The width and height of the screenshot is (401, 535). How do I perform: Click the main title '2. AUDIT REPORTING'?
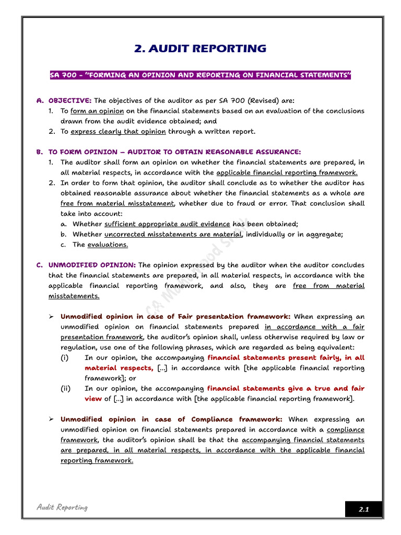[x=200, y=49]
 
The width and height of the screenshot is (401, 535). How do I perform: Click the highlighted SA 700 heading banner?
[x=200, y=75]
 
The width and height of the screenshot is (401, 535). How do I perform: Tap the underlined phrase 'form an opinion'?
[x=97, y=111]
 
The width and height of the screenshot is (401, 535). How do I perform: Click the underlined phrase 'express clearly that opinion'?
[x=118, y=131]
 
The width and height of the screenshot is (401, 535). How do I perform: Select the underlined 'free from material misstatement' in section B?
[x=117, y=203]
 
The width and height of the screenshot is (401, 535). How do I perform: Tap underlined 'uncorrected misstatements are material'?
[x=173, y=234]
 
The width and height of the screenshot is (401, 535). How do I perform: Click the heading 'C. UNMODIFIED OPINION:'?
[x=86, y=265]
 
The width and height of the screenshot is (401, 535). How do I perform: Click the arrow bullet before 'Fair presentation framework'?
[x=52, y=317]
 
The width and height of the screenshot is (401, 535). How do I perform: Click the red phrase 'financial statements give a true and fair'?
[x=286, y=388]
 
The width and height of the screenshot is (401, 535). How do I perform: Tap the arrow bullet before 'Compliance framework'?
[x=52, y=420]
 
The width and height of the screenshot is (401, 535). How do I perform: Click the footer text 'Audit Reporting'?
[x=62, y=507]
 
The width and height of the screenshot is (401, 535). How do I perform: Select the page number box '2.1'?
[x=363, y=509]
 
